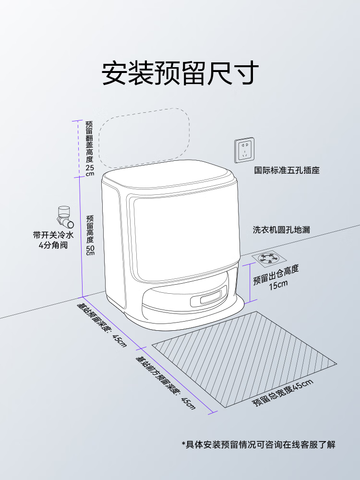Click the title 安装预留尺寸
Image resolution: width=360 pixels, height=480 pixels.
(180, 73)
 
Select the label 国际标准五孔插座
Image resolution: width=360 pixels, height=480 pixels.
(287, 170)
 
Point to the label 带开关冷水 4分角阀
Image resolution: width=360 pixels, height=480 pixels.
(54, 240)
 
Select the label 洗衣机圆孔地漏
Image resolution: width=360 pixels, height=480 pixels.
(281, 230)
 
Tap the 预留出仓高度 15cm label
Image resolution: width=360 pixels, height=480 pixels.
(276, 277)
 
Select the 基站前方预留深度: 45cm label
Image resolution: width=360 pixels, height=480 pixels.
(166, 382)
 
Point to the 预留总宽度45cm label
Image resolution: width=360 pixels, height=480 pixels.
(283, 392)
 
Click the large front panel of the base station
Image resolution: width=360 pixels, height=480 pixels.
(184, 238)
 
